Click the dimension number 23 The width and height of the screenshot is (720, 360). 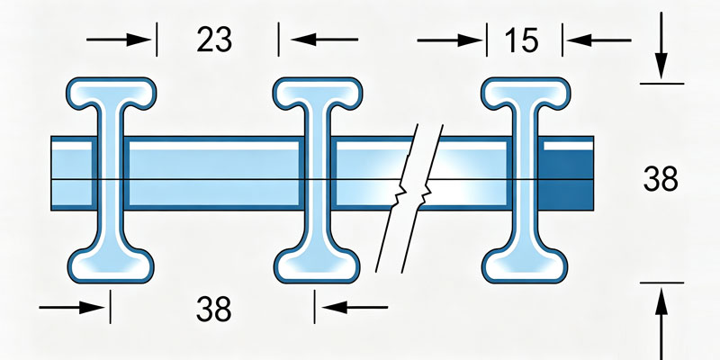pos(214,40)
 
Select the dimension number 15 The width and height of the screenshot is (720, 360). pos(521,40)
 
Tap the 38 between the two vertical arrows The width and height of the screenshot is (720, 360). pos(661,179)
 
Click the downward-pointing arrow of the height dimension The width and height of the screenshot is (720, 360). pos(661,46)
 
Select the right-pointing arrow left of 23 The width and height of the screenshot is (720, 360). pos(119,40)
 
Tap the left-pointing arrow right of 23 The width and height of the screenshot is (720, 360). pos(325,40)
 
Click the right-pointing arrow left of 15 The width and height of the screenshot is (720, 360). pos(449,40)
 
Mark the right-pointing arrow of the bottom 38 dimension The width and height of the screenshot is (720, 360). pos(72,308)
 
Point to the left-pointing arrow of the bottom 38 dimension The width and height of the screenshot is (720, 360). pos(355,307)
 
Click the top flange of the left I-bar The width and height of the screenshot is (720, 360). pos(111,92)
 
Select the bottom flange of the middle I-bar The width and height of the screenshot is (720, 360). pos(317,265)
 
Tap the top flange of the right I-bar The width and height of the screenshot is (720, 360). pos(526,92)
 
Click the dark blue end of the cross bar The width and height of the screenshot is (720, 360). pos(566,176)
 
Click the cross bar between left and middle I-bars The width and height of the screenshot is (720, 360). pos(214,173)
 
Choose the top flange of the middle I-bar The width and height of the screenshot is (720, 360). pos(318,92)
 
